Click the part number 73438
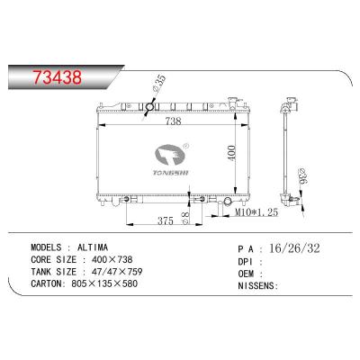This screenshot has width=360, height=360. click(x=56, y=76)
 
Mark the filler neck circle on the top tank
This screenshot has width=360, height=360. click(x=150, y=110)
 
